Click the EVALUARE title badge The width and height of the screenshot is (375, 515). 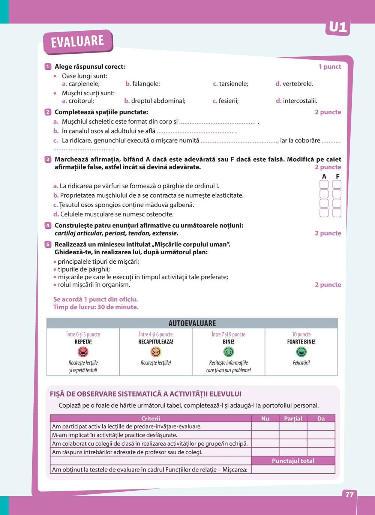(x=78, y=41)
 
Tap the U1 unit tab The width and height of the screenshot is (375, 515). (x=338, y=27)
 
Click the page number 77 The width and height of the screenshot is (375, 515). (x=349, y=494)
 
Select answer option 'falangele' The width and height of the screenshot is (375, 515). (x=146, y=84)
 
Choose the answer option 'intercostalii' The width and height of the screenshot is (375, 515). (x=300, y=101)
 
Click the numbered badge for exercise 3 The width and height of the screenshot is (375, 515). (x=48, y=159)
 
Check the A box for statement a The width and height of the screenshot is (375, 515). (x=324, y=185)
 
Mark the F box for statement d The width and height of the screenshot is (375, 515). (x=337, y=213)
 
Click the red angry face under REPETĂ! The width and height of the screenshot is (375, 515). (x=83, y=352)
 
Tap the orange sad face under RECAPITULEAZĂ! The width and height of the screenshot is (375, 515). (x=156, y=352)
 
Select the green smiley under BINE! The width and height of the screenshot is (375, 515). (x=228, y=352)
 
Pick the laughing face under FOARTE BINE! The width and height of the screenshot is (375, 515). (x=301, y=352)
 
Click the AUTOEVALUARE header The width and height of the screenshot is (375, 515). (x=192, y=323)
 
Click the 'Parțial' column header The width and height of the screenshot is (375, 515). (x=293, y=419)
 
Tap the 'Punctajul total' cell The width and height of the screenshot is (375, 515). (x=293, y=461)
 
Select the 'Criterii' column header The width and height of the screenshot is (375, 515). (x=150, y=419)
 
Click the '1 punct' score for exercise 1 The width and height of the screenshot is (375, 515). (x=330, y=66)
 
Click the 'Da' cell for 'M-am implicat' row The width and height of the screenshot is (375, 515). (x=321, y=435)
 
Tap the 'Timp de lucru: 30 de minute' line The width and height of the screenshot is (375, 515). (x=96, y=307)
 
